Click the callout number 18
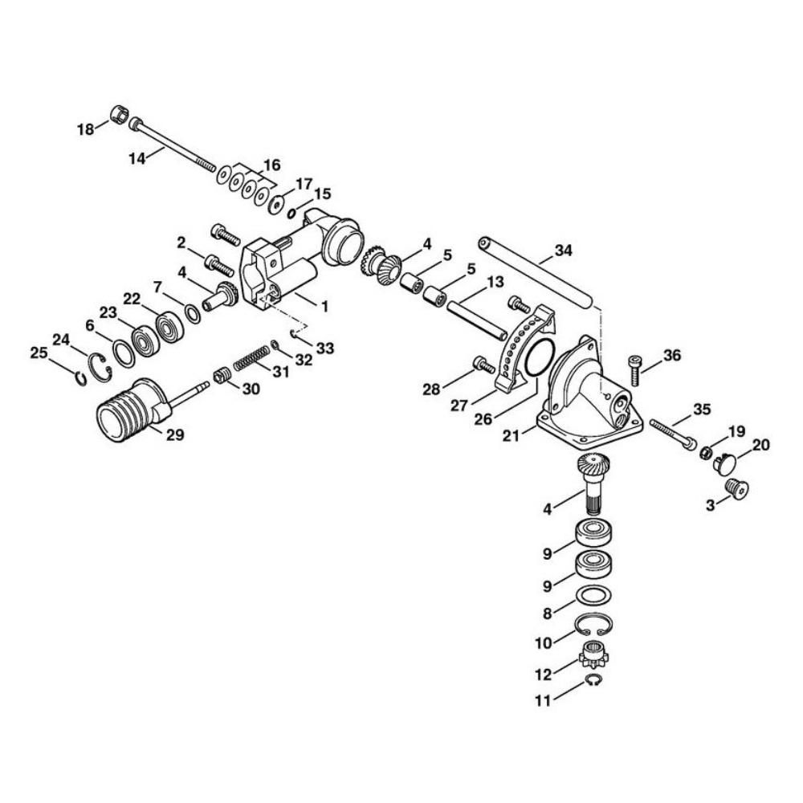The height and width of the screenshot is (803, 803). point(85,129)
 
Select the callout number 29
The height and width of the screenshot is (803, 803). point(175,434)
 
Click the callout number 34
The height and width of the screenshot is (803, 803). point(565,251)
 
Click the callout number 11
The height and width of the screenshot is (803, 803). point(543,700)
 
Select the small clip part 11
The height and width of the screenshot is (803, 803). point(593,682)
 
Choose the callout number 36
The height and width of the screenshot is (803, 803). point(672,356)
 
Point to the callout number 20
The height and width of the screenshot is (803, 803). point(760,445)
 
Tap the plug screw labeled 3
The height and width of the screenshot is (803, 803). point(736,488)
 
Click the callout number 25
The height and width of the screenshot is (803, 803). point(39,353)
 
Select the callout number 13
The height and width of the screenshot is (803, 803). point(495,282)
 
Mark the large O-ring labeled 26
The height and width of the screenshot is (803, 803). point(537,357)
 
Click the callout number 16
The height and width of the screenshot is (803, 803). point(271,165)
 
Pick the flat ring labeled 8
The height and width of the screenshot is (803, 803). point(595,595)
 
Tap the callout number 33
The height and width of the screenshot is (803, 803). point(325,349)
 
